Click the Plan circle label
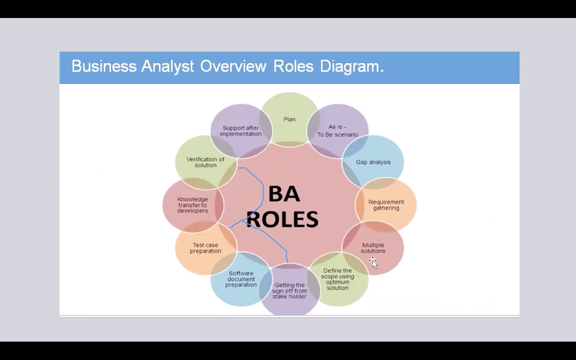click(x=290, y=119)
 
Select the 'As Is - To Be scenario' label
click(x=338, y=131)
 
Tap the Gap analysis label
click(x=373, y=162)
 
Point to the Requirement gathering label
click(x=386, y=205)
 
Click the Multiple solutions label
click(x=373, y=248)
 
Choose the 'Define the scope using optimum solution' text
click(x=338, y=279)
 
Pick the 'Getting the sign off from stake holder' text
click(x=290, y=291)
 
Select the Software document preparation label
click(x=241, y=279)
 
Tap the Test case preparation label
click(x=206, y=248)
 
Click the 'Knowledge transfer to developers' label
click(x=193, y=205)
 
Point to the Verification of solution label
click(x=206, y=162)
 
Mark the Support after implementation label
click(x=241, y=131)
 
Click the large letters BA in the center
click(x=284, y=194)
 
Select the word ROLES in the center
click(x=282, y=219)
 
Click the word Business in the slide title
click(x=104, y=66)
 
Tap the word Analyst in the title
click(x=167, y=66)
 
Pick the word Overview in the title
click(x=233, y=66)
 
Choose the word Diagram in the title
click(x=350, y=66)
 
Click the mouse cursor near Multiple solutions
click(x=373, y=262)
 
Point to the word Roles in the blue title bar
click(x=293, y=66)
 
